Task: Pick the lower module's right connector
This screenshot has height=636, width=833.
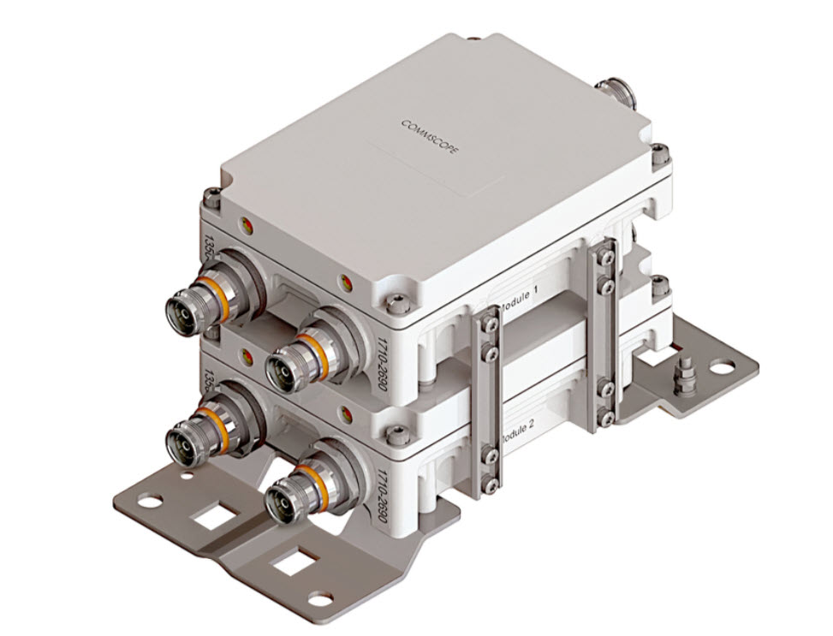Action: [x=289, y=497]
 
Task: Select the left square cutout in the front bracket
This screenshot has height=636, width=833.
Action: [x=206, y=517]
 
